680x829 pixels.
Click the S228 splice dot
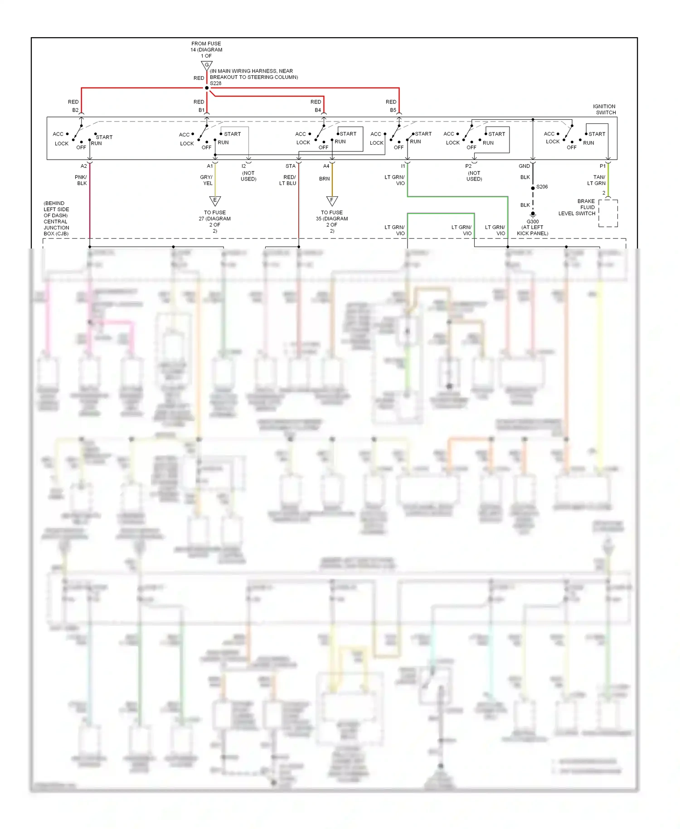pos(207,88)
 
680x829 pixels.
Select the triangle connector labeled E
pos(215,200)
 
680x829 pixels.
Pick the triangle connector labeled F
pos(332,200)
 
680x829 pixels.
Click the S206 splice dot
pos(533,188)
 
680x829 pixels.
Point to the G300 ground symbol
pos(533,214)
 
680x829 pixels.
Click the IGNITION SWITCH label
pos(605,109)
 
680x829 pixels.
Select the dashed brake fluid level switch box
pos(608,213)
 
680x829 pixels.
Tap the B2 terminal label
pos(75,110)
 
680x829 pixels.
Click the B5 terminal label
pos(393,110)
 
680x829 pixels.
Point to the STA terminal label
pos(291,166)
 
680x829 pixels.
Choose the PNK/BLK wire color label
pos(81,180)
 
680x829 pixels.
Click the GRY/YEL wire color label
pos(207,180)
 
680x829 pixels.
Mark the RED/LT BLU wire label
pos(289,180)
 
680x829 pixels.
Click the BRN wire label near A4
pos(324,179)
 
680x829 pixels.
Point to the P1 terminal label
pos(602,166)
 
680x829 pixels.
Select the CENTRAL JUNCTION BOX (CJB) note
pos(56,219)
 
